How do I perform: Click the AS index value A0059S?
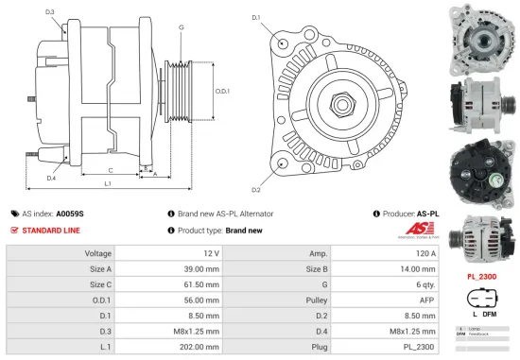coord(70,214)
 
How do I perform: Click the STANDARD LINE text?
coord(51,231)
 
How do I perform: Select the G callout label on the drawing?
coord(180,27)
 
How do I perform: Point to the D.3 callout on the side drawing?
coord(49,12)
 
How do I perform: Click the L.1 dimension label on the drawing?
coord(109,184)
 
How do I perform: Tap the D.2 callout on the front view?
coord(255,177)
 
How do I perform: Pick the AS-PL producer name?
coord(427,214)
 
